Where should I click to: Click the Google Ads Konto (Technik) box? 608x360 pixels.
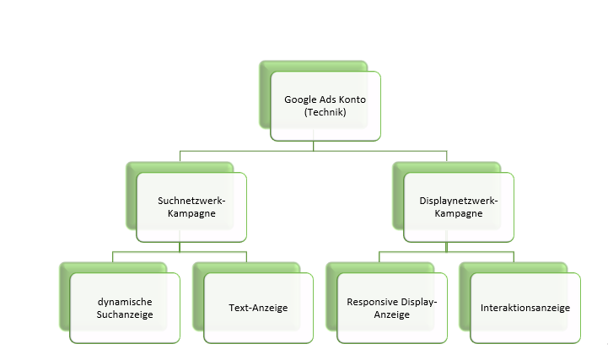(x=325, y=105)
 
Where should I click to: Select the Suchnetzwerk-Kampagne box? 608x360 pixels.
(x=191, y=207)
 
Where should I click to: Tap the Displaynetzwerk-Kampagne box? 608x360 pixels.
(x=459, y=207)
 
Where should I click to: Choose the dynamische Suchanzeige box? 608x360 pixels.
(x=124, y=308)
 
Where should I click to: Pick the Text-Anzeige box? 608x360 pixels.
(x=258, y=308)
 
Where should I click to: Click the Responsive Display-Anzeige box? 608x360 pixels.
(x=391, y=308)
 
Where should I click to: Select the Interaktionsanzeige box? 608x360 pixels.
(x=525, y=308)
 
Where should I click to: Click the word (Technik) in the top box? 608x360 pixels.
(x=325, y=112)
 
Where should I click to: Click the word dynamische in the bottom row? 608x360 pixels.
(x=124, y=301)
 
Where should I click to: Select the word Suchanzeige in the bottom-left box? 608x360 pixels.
(x=124, y=314)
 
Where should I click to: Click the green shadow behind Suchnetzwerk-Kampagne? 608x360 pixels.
(x=131, y=198)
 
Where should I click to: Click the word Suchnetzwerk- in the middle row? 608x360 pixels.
(x=191, y=201)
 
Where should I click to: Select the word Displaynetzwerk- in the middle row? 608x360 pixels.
(x=459, y=201)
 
